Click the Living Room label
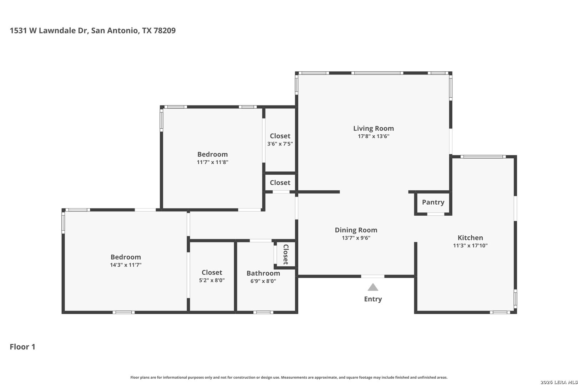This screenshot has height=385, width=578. coord(373,128)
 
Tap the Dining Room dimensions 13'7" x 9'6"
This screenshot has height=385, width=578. coord(356,238)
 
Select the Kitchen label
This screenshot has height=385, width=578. coord(470,238)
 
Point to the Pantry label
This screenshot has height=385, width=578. coord(433,202)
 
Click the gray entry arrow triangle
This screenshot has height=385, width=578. coord(373,287)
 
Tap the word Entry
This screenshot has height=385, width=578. coord(373,299)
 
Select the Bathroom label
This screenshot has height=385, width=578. coord(263,273)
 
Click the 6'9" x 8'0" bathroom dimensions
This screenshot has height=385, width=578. coord(263,281)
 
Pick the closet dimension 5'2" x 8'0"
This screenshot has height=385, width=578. coord(212,280)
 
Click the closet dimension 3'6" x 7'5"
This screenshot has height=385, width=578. coord(280,144)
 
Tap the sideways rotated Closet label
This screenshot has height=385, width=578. coord(286,255)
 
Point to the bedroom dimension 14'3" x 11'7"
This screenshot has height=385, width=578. coord(126,265)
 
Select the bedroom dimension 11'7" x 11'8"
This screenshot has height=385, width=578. coord(212,162)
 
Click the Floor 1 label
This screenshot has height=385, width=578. coord(22,347)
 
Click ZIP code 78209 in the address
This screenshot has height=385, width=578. coord(164,30)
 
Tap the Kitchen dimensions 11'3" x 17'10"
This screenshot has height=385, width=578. coord(470,246)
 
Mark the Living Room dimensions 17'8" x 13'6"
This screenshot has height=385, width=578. coord(373,136)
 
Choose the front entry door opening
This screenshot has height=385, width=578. coord(372,276)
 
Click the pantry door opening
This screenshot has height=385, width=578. coord(436,214)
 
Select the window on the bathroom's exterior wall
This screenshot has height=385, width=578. coord(263,312)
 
